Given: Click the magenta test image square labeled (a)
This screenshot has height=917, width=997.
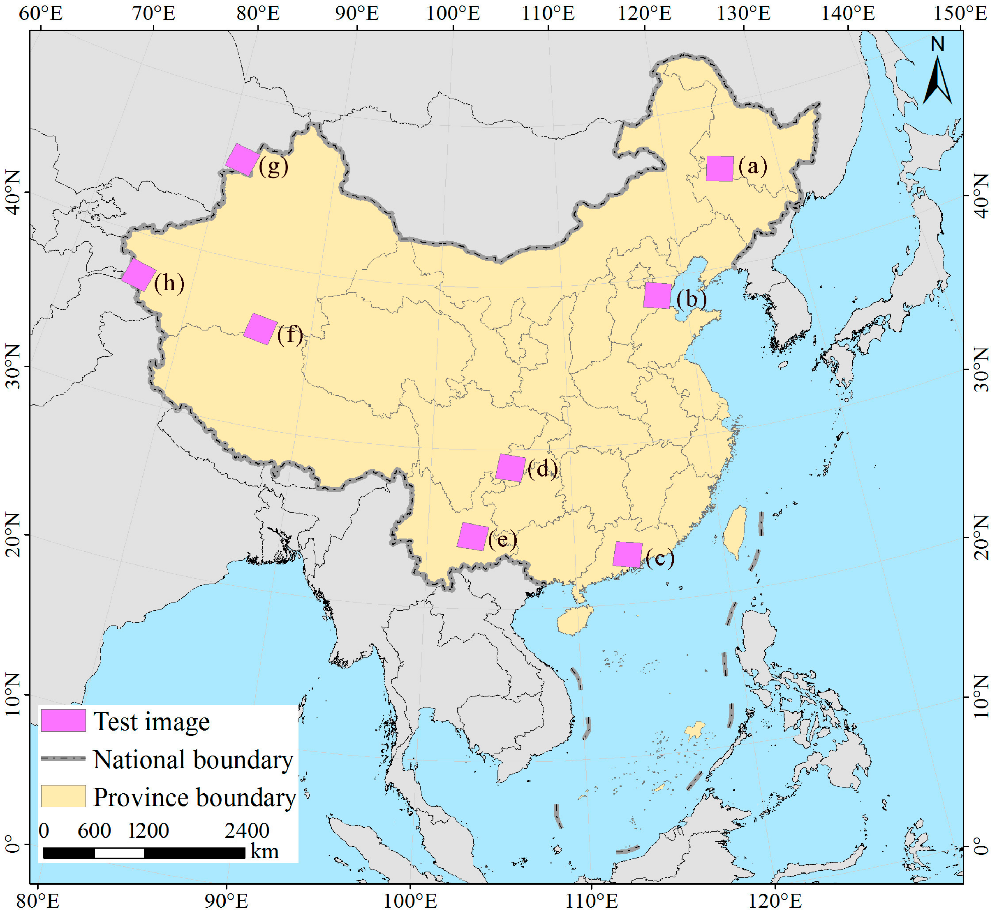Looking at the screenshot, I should pyautogui.click(x=719, y=168).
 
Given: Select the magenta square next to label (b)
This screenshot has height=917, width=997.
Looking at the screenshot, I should pyautogui.click(x=657, y=296).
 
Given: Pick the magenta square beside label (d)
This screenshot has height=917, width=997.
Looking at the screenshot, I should pyautogui.click(x=511, y=468).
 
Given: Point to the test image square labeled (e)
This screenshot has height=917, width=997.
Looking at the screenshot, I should pyautogui.click(x=472, y=537).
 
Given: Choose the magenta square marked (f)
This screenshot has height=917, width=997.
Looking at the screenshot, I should pyautogui.click(x=261, y=329).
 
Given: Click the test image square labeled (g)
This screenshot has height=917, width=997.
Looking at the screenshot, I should pyautogui.click(x=242, y=160).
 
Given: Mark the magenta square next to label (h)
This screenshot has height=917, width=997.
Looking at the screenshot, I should pyautogui.click(x=139, y=275).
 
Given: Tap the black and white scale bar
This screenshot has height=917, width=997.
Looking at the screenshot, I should pyautogui.click(x=144, y=852).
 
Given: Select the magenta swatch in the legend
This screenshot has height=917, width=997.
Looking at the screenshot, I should pyautogui.click(x=63, y=721).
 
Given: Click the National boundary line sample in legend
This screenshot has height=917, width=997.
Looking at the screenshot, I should pyautogui.click(x=63, y=759).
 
